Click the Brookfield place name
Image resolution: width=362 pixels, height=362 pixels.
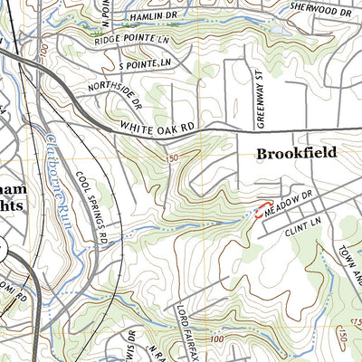(x=296, y=154)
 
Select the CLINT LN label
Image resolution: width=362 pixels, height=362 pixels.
(x=288, y=233)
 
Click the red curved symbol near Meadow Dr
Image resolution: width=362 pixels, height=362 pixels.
(x=262, y=209)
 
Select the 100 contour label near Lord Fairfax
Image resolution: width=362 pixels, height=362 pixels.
(x=214, y=338)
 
